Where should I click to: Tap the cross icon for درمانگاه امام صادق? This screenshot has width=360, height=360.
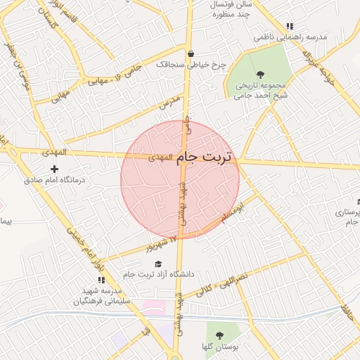[55, 169]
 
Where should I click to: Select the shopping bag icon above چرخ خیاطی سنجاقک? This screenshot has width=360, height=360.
[191, 53]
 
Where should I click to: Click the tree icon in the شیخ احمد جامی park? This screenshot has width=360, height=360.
[261, 74]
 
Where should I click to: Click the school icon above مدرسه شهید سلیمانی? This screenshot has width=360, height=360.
[101, 280]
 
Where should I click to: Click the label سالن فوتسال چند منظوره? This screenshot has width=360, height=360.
[231, 8]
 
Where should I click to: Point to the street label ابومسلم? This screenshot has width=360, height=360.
[233, 214]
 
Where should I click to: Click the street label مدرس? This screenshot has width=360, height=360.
[169, 103]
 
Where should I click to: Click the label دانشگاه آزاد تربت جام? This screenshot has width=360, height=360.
[157, 274]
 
